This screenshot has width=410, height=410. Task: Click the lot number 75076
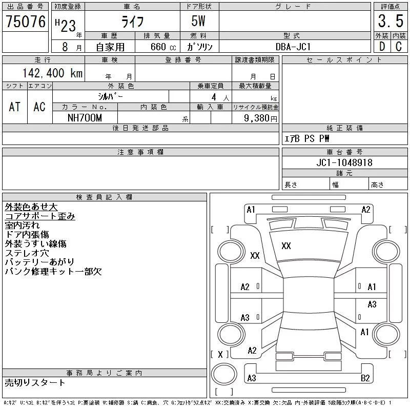(x=26, y=22)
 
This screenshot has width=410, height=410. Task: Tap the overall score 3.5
(x=390, y=22)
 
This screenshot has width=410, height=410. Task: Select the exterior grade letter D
(x=382, y=46)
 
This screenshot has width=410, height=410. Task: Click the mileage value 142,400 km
(x=52, y=73)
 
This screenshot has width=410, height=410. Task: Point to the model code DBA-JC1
(x=294, y=46)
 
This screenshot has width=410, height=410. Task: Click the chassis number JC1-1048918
(x=344, y=162)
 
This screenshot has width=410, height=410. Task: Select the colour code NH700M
(x=85, y=118)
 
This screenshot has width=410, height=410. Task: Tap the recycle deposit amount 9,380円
(x=261, y=118)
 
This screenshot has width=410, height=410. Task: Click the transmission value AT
(x=15, y=107)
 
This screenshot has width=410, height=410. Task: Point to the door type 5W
(x=199, y=22)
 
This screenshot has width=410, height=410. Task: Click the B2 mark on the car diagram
(x=365, y=378)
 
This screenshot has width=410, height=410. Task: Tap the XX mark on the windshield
(x=286, y=246)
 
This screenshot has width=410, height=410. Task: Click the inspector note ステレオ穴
(x=27, y=253)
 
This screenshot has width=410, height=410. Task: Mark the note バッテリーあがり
(x=39, y=262)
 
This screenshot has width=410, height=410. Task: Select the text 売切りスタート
(x=35, y=382)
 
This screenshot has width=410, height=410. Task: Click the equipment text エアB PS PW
(x=307, y=138)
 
